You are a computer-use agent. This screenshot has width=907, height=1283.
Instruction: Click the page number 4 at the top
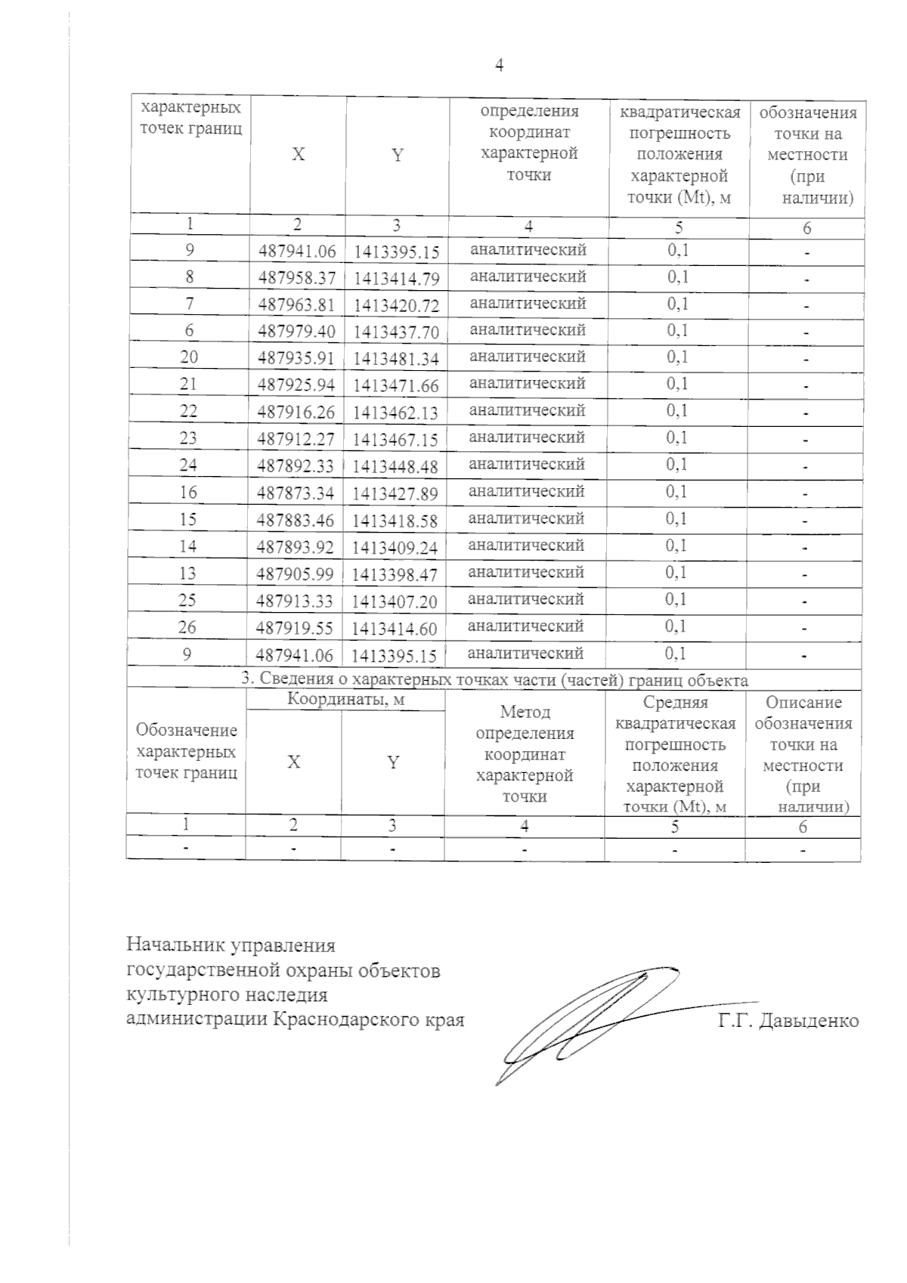click(499, 66)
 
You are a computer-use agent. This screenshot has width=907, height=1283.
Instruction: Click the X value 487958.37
click(296, 279)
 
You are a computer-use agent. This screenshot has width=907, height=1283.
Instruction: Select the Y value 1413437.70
click(396, 332)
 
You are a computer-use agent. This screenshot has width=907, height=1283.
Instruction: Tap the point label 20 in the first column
click(189, 357)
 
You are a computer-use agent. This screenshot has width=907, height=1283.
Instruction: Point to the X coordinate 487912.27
click(296, 440)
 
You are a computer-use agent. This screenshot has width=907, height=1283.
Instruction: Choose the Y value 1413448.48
click(396, 467)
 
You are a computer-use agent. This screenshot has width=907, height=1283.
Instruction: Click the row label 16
click(189, 493)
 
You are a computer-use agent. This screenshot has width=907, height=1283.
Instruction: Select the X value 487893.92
click(296, 547)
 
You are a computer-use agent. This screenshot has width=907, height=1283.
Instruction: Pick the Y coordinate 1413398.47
click(396, 575)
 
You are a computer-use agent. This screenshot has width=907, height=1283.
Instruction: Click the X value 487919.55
click(296, 629)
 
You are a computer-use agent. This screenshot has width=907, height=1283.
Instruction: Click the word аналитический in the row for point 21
click(528, 384)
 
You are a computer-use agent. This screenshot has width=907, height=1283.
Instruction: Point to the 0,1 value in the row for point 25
click(676, 600)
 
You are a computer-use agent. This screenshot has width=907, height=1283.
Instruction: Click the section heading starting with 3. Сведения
click(495, 680)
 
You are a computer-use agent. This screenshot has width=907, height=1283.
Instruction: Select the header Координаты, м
click(346, 700)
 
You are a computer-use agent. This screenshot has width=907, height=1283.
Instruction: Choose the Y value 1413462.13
click(396, 413)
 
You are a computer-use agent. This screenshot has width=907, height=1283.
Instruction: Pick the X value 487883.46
click(296, 521)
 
